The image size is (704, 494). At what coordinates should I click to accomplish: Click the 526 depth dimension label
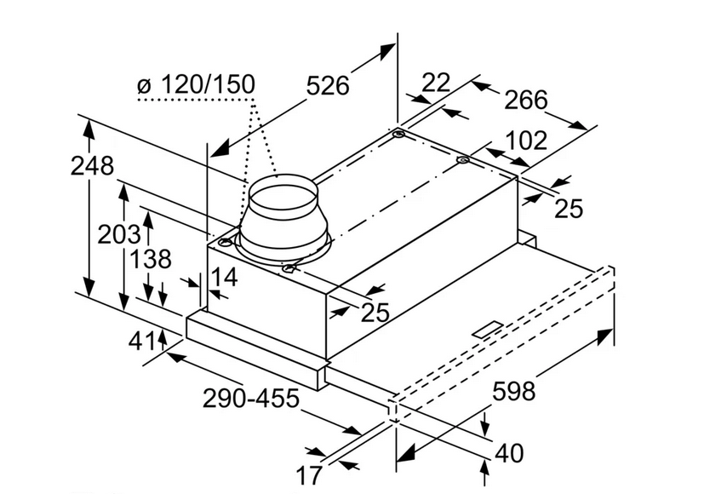coord(328,86)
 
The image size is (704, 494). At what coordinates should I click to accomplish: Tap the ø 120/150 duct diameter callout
coord(196,85)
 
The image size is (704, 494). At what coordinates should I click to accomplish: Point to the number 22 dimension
coord(435,83)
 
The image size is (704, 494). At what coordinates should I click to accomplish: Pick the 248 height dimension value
coord(92,166)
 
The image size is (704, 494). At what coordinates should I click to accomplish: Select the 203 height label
coord(118,233)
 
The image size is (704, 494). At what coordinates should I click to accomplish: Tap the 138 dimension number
coord(151,259)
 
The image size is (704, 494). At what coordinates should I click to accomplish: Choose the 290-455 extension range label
coord(251,397)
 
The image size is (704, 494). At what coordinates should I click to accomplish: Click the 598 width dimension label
coord(516,392)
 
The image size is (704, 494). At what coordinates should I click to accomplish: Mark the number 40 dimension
coord(509,453)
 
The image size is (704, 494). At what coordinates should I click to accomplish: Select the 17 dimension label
coord(308,474)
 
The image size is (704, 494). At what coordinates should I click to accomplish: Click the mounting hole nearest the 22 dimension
coord(398,135)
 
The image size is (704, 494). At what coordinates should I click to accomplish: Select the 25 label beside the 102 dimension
coord(569,207)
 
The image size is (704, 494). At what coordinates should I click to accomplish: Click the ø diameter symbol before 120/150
coord(144,86)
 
